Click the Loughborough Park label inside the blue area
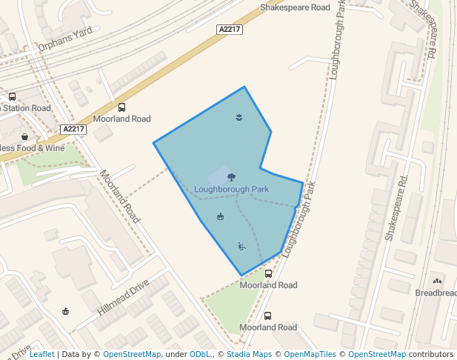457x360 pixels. coord(231,190)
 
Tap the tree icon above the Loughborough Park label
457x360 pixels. coord(232,177)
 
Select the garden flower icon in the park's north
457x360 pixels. coord(238,117)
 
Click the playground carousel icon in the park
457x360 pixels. coord(220,216)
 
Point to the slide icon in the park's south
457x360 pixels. coord(241,246)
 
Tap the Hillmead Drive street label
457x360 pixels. coord(123,299)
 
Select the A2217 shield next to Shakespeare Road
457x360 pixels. coord(230,29)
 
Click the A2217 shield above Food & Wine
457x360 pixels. coord(74,129)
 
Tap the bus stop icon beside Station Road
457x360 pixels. coord(12,96)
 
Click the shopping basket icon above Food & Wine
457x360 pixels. coord(25,136)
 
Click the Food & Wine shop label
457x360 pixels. coord(33,148)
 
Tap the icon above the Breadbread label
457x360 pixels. coord(437,281)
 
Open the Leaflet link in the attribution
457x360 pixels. coord(41,355)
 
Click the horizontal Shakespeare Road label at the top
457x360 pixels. coord(295,7)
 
